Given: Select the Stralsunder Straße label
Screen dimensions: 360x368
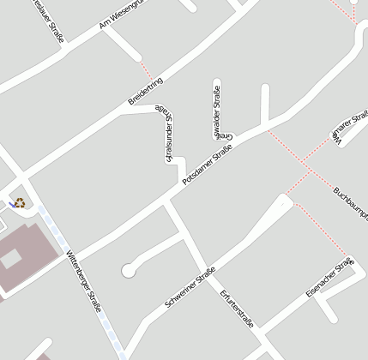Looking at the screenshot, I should coord(167,135).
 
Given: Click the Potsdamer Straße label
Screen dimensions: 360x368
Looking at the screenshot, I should coord(208,165).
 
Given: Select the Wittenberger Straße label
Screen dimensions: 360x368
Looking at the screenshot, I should coord(83,281).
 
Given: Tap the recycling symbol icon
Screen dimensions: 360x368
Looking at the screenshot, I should coord(18,203).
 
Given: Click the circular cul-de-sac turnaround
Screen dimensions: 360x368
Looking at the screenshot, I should coord(129,271).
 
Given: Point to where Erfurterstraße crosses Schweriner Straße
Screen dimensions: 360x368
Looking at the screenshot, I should coord(210,273).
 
